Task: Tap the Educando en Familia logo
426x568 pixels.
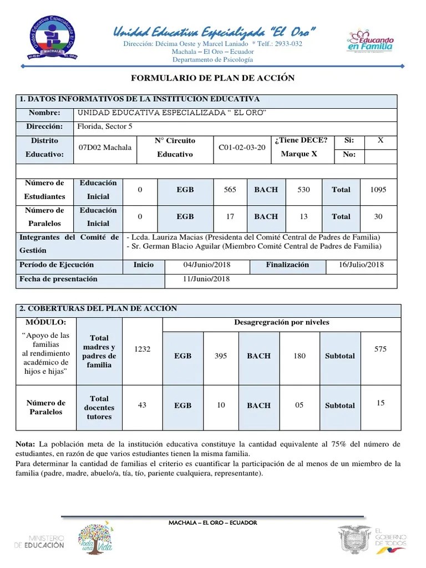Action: coord(371,42)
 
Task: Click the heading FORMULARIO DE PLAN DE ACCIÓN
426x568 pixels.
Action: coord(212,78)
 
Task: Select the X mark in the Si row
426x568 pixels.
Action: coord(381,141)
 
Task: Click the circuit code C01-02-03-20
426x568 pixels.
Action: coord(242,148)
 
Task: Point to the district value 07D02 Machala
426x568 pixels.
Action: coord(105,148)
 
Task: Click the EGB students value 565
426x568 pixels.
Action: coord(230,190)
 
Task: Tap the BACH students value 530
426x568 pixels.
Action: coord(303,190)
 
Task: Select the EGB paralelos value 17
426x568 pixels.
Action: coord(230,217)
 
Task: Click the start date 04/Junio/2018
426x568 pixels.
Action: coord(206,265)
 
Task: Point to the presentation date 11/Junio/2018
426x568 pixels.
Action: coord(206,279)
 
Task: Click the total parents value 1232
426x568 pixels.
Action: coord(143,349)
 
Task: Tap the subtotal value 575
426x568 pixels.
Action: coord(380,349)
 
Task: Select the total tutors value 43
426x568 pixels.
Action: coord(142,405)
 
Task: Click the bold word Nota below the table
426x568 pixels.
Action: coord(26,445)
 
